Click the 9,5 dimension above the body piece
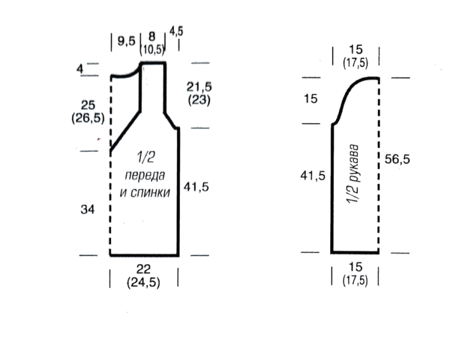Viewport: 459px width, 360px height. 126,41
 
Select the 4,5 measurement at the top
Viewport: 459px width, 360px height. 176,31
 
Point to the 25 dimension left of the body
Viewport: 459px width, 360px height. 88,105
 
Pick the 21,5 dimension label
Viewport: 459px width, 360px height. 199,87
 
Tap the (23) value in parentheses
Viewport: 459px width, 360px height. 199,100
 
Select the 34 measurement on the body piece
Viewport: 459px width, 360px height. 87,210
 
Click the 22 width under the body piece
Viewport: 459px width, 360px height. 144,269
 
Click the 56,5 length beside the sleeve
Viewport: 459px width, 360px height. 397,159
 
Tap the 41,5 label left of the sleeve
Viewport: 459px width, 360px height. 313,176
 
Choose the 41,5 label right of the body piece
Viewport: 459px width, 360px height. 196,187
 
